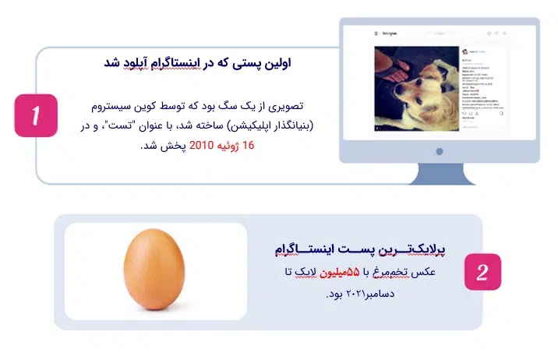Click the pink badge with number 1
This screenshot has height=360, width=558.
(34, 115)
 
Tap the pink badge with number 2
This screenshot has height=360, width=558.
(482, 272)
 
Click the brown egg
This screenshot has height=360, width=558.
(154, 271)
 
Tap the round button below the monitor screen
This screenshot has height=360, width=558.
(439, 151)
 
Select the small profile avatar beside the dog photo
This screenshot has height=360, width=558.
(465, 50)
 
